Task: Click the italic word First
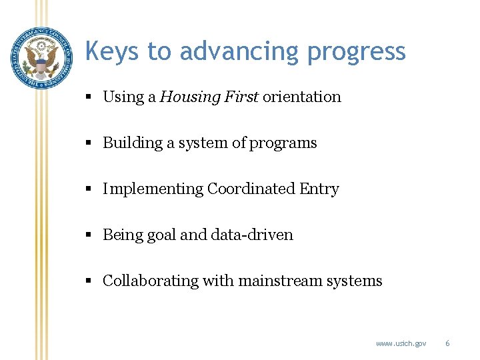tap(241, 97)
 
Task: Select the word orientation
tap(301, 97)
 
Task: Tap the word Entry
tap(319, 189)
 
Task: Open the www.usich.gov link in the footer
tap(401, 343)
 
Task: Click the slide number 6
tap(447, 343)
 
